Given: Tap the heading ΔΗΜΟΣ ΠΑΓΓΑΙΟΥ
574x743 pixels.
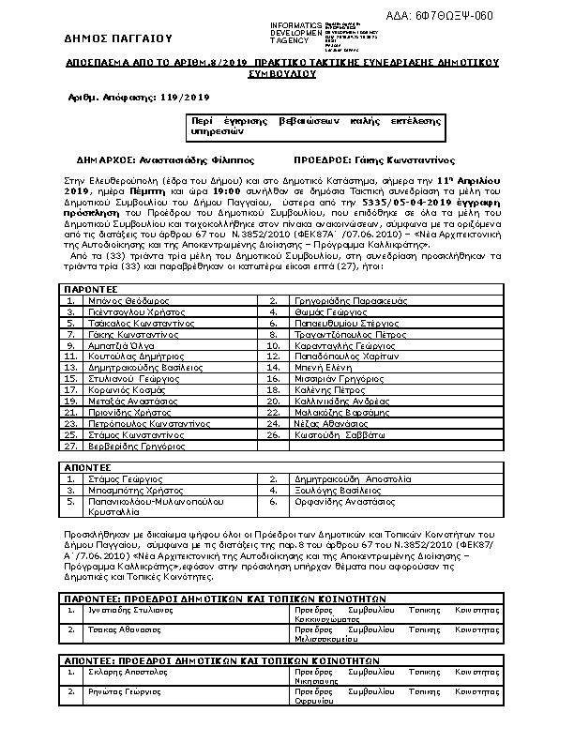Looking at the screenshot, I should pos(119,39).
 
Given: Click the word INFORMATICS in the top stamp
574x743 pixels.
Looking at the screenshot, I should pos(295,23).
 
